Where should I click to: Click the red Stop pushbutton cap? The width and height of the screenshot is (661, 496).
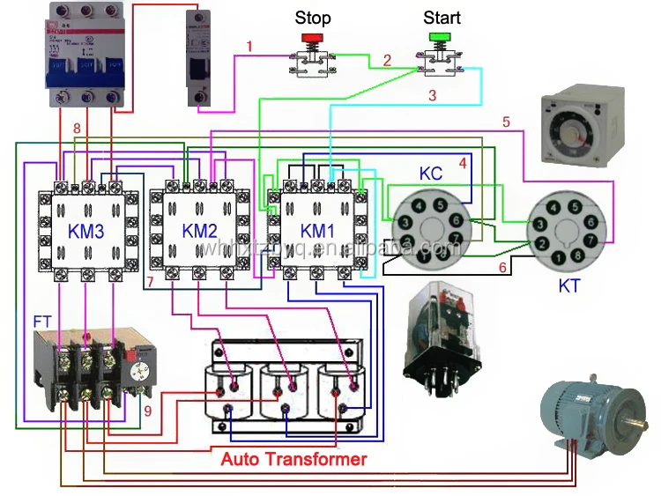312,39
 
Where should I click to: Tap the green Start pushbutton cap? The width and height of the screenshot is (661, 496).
438,38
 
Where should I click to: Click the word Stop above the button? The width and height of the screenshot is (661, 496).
312,18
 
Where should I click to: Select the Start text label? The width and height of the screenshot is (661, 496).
442,18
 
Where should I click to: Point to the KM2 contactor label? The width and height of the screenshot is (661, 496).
200,232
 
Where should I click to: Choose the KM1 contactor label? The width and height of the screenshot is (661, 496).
318,232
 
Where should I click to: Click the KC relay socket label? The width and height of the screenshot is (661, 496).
431,175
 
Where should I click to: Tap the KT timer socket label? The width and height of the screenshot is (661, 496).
570,285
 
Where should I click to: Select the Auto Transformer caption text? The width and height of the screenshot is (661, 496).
293,459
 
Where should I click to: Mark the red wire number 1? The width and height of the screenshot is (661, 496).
250,46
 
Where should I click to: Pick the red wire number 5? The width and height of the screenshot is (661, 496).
507,122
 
